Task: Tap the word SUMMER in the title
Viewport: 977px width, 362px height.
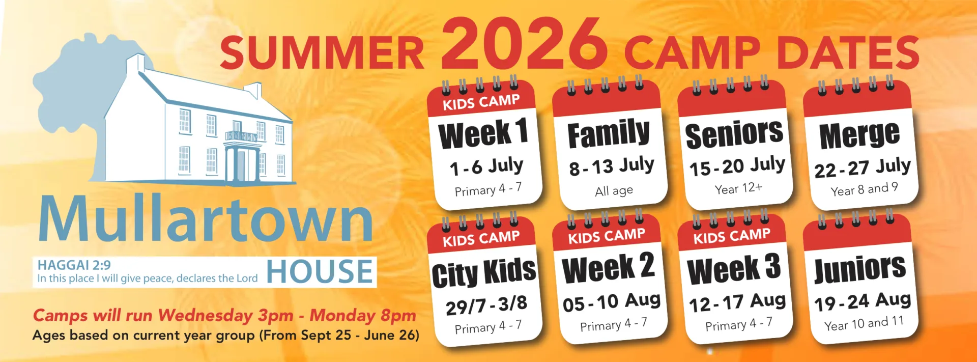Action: [x=322, y=53]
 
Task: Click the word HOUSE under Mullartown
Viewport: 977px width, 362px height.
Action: [x=320, y=271]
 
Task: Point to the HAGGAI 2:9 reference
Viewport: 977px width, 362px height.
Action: [x=74, y=265]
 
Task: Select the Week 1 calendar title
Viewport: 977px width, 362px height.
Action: [x=483, y=133]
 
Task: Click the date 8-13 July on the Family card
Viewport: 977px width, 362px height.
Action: [x=611, y=166]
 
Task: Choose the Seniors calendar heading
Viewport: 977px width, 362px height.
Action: [x=734, y=134]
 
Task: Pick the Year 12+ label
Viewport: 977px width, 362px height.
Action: [x=738, y=188]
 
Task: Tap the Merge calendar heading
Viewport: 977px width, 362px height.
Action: [x=859, y=135]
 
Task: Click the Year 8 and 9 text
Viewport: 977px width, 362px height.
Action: [x=864, y=189]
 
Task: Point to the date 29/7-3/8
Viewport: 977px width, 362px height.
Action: [x=486, y=305]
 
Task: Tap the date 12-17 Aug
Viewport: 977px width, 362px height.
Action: [x=737, y=302]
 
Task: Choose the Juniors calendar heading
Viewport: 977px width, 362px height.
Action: [x=860, y=269]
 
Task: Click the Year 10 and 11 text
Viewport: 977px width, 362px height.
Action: [x=864, y=323]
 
